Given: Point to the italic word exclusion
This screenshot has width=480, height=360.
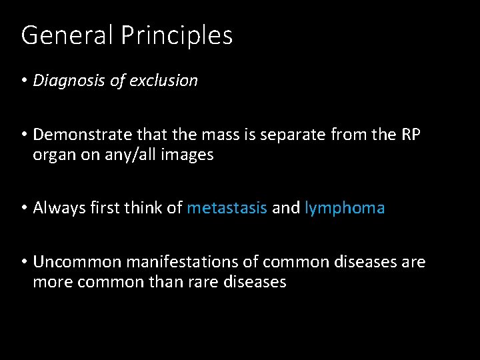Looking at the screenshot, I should click(x=167, y=81).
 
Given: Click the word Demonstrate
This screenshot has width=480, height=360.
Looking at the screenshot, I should click(x=81, y=135).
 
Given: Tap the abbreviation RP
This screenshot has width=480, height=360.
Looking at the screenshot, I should click(x=410, y=135).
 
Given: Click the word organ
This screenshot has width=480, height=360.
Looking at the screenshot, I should click(x=54, y=156).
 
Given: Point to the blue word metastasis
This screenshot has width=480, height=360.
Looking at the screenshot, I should click(x=227, y=208).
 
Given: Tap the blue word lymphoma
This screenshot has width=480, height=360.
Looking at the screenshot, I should click(x=345, y=209).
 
